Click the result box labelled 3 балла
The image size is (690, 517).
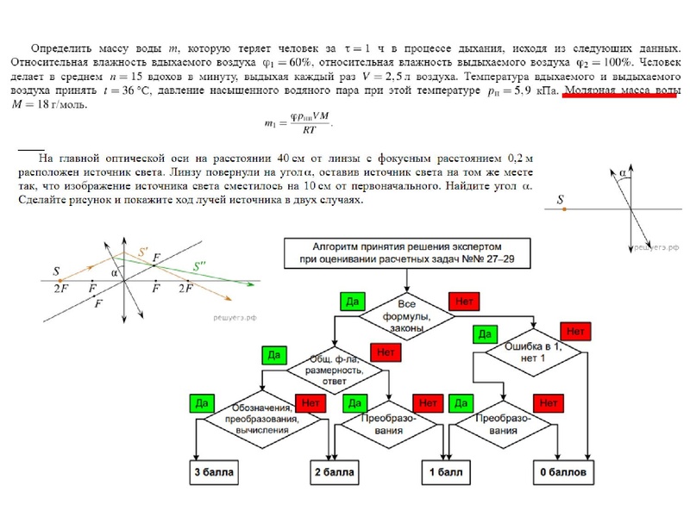213,473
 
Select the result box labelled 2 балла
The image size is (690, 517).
334,473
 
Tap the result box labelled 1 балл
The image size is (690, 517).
445,473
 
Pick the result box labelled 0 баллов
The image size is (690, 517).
564,473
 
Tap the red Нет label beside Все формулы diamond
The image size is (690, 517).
464,302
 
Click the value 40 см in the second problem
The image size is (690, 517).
291,159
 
